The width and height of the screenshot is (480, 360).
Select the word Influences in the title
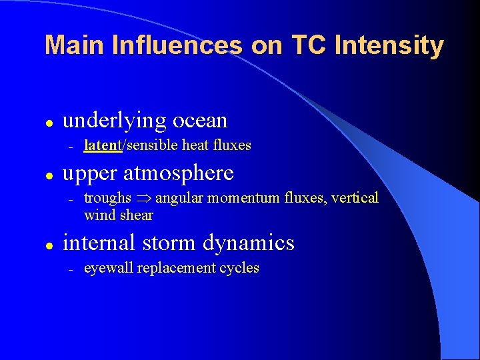[177, 45]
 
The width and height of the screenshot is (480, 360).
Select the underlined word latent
[102, 145]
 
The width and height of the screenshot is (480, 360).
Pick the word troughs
[107, 198]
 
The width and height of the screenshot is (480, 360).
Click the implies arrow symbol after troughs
[143, 199]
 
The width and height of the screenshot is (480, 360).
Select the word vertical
[355, 198]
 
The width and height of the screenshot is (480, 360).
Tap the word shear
[137, 215]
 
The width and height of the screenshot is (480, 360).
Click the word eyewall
[108, 269]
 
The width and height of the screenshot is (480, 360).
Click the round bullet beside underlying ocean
[49, 122]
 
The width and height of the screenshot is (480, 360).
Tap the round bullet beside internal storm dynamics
[49, 245]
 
